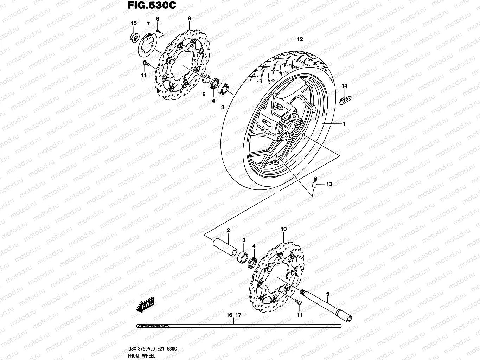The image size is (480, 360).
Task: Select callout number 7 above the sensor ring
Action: [x=148, y=24]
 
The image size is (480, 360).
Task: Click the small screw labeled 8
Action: [x=159, y=31]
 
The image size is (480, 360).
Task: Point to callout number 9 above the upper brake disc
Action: [x=189, y=18]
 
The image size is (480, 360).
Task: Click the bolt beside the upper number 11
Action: [x=146, y=64]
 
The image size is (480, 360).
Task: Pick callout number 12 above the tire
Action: [x=300, y=39]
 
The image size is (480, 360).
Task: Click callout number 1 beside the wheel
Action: [x=344, y=124]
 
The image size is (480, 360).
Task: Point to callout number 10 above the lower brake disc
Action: [x=284, y=229]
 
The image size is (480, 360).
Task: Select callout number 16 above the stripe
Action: [x=229, y=315]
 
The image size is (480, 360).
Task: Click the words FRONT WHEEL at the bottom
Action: [x=137, y=356]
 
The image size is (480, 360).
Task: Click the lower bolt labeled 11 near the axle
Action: [x=297, y=302]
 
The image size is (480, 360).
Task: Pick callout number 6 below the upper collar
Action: [x=204, y=94]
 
